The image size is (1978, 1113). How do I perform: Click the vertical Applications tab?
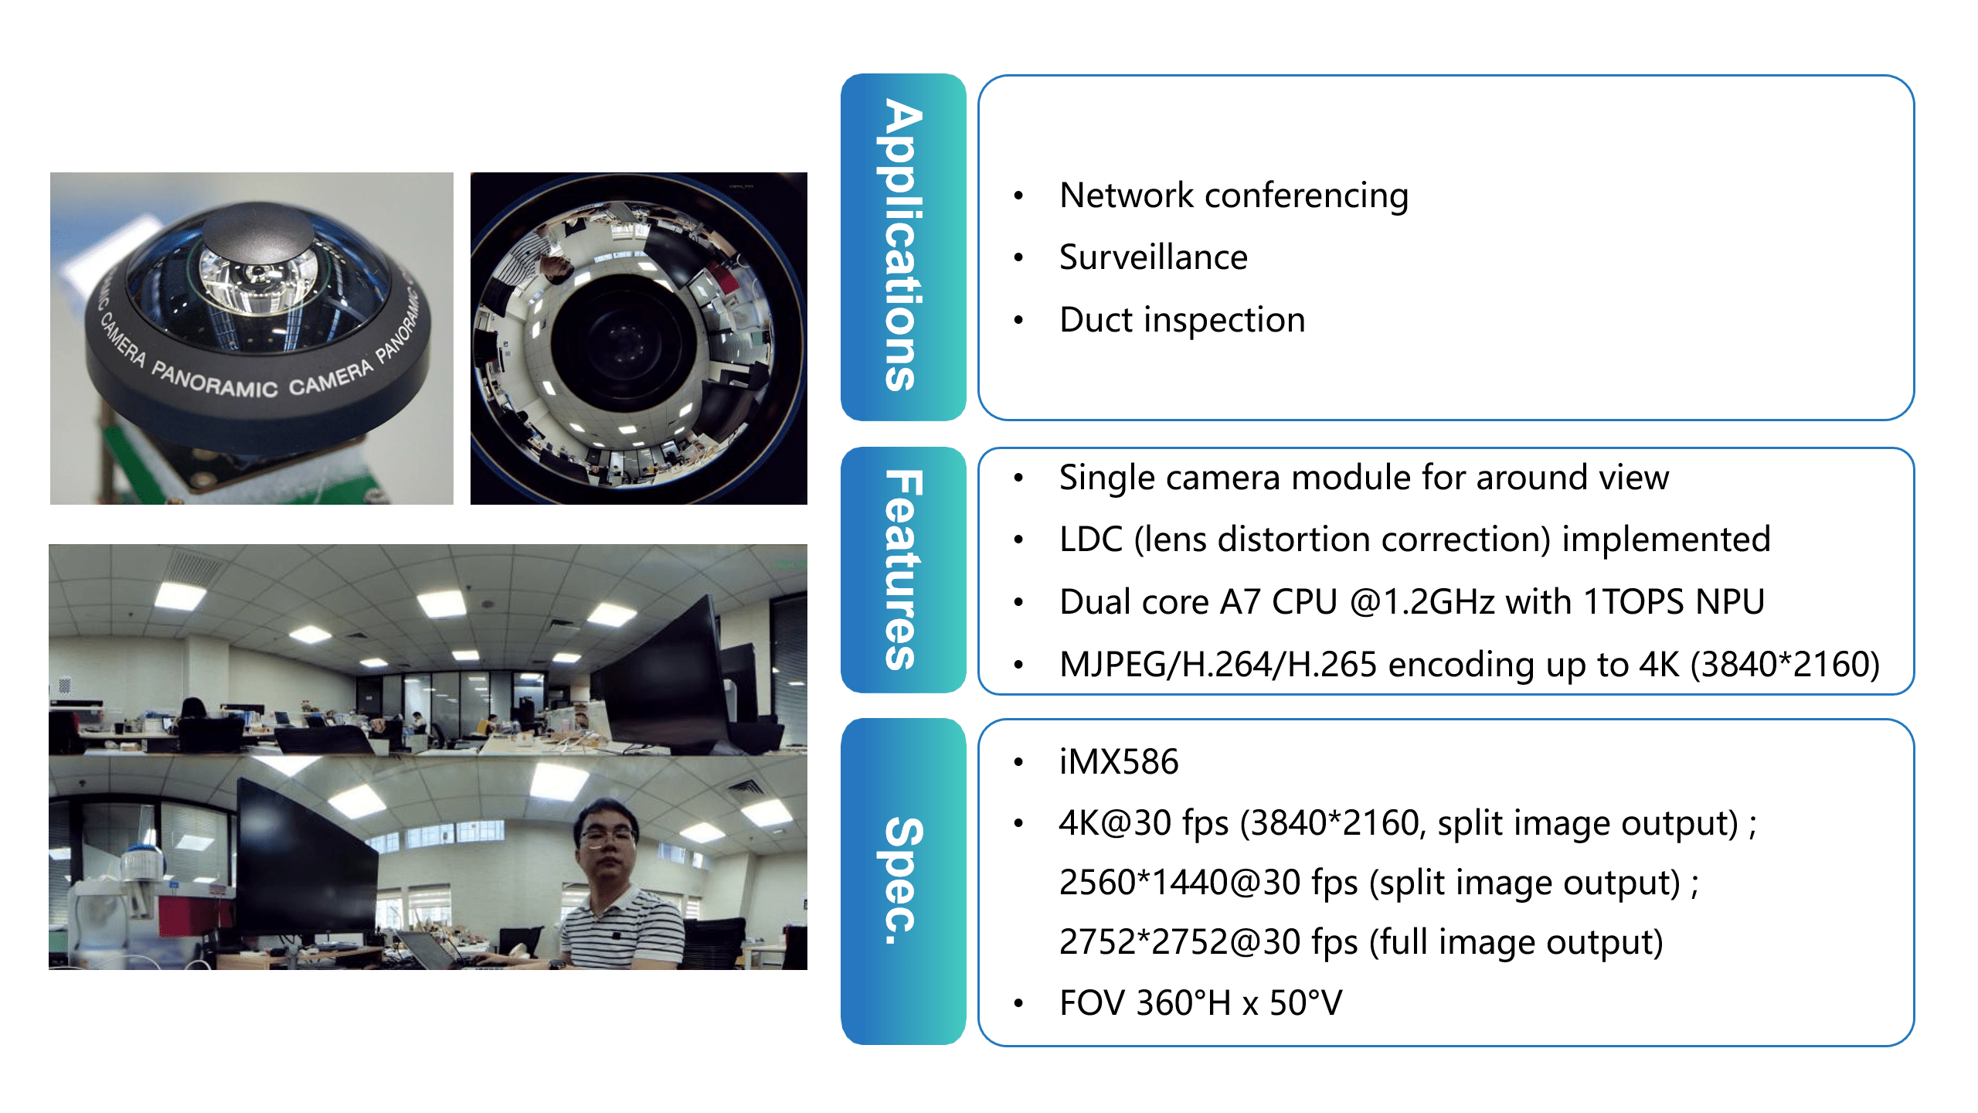[x=903, y=247]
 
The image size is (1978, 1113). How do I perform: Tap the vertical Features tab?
[x=903, y=570]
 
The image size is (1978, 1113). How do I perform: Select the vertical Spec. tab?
[x=903, y=881]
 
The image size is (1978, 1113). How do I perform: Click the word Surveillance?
[x=1153, y=257]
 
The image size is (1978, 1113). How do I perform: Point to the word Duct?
[x=1096, y=320]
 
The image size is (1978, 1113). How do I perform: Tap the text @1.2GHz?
[x=1421, y=602]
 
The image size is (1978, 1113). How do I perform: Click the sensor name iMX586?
[x=1119, y=762]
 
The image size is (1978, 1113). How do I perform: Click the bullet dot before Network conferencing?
[x=1018, y=196]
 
